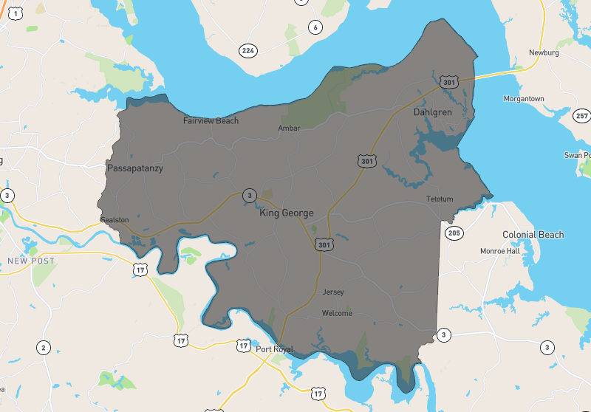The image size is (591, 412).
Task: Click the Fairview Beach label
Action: click(x=211, y=120)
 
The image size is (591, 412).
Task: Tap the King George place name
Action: click(x=287, y=213)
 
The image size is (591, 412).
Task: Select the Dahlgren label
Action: click(x=431, y=112)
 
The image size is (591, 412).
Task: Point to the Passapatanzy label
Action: click(x=134, y=168)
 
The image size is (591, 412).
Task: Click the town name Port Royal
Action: click(x=274, y=349)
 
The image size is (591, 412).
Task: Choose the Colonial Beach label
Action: click(x=533, y=235)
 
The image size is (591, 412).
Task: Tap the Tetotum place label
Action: click(x=439, y=199)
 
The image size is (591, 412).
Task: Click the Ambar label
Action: click(x=289, y=128)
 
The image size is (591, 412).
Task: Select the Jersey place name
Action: click(x=333, y=292)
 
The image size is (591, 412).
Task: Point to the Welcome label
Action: click(x=337, y=313)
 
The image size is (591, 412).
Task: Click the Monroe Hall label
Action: click(x=499, y=251)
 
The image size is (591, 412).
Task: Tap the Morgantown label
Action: click(x=524, y=99)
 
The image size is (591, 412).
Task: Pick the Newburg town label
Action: click(x=544, y=52)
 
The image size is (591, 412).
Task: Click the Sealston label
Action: click(x=115, y=220)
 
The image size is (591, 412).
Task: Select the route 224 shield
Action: click(x=247, y=50)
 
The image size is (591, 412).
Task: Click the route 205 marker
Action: click(x=454, y=233)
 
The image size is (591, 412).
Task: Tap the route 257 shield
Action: click(x=581, y=116)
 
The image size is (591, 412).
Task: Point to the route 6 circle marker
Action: click(x=315, y=27)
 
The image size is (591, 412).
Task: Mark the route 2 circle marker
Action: click(x=44, y=348)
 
